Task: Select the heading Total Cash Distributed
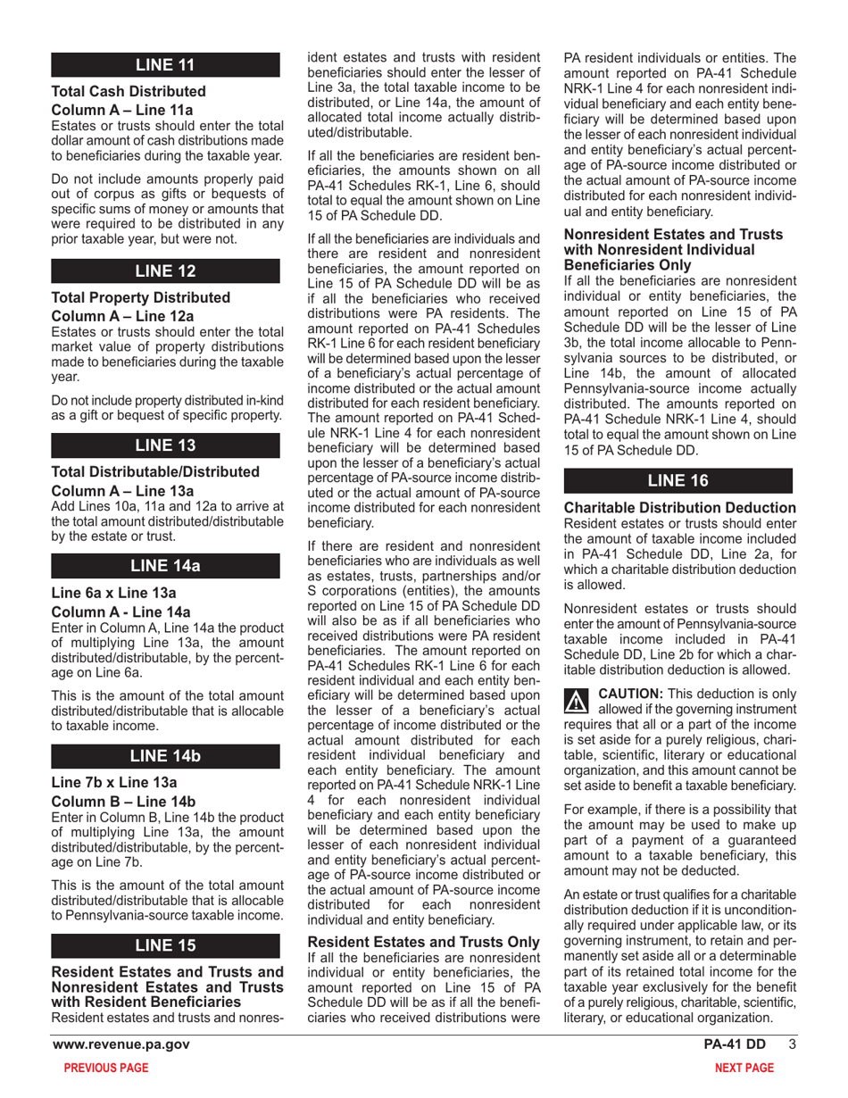coord(130,92)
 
